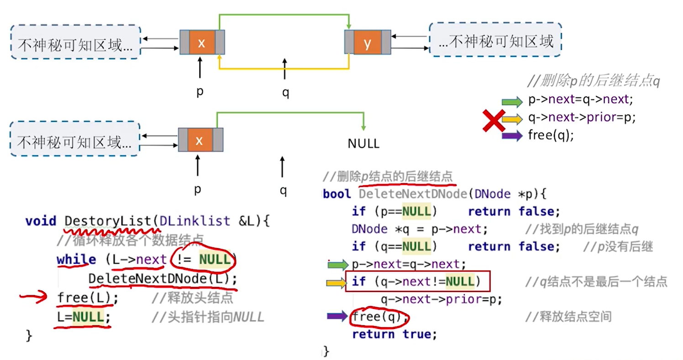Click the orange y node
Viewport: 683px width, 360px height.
[368, 43]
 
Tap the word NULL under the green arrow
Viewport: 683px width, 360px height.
[363, 144]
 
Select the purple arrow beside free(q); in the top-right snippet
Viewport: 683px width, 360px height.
[512, 136]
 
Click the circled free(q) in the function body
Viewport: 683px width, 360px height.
[378, 316]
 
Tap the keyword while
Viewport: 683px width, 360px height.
[76, 260]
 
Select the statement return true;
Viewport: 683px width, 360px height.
[394, 334]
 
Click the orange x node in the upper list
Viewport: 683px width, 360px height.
[202, 43]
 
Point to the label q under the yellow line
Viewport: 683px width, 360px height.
[286, 93]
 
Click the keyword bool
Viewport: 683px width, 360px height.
[337, 194]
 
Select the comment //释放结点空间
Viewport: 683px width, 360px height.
[568, 316]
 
